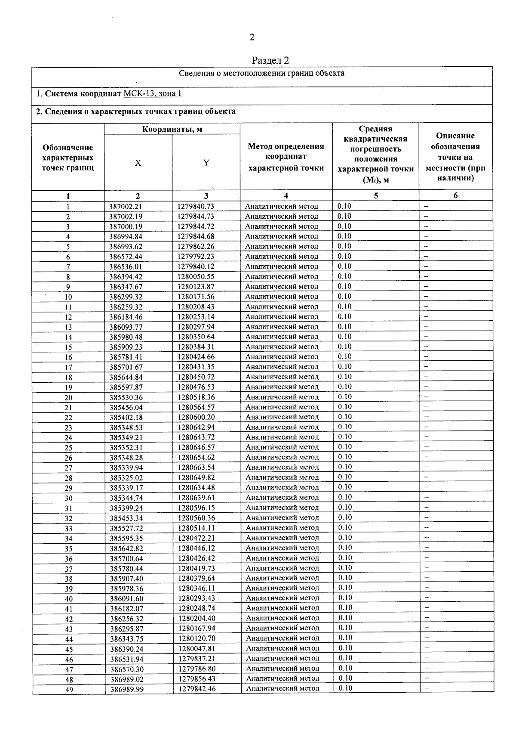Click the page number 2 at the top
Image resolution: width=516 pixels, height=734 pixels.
[252, 37]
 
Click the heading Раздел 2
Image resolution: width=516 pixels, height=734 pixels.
[270, 60]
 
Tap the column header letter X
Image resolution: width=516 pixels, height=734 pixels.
[138, 163]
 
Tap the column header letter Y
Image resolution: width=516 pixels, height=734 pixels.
[206, 163]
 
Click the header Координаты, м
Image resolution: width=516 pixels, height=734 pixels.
[172, 129]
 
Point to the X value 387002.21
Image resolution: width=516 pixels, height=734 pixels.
[126, 206]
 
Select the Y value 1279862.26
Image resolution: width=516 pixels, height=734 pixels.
[196, 247]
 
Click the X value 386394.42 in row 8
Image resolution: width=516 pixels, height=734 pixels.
[126, 277]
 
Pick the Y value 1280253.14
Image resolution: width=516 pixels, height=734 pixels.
[196, 317]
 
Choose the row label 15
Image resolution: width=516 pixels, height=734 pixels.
[68, 347]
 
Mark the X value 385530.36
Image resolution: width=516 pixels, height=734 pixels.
[126, 397]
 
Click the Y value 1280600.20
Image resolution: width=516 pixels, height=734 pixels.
[196, 417]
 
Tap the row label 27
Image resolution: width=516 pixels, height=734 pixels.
[68, 468]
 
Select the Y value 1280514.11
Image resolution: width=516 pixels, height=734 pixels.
[196, 528]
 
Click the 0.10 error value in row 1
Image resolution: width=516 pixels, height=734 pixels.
[344, 206]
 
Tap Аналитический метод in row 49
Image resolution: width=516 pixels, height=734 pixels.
[283, 689]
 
